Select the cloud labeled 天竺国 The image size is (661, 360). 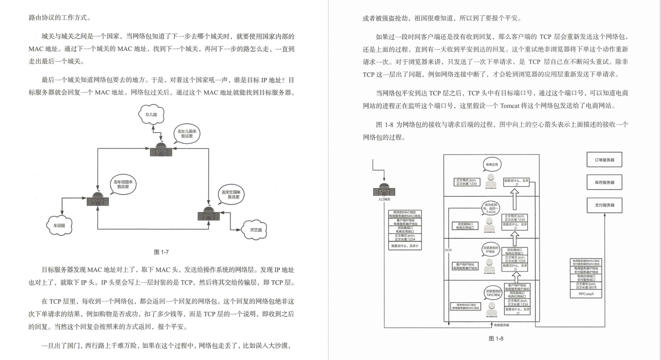(255, 229)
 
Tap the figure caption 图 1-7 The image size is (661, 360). (161, 252)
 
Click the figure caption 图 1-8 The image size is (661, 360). (495, 338)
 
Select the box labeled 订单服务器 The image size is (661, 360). (604, 160)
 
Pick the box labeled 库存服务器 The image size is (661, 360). (604, 183)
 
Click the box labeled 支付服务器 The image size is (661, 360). (604, 205)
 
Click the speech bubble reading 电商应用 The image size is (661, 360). (491, 165)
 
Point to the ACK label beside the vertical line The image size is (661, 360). (448, 250)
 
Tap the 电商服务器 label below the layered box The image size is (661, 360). (501, 325)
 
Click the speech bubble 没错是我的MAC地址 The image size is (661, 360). (491, 292)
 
